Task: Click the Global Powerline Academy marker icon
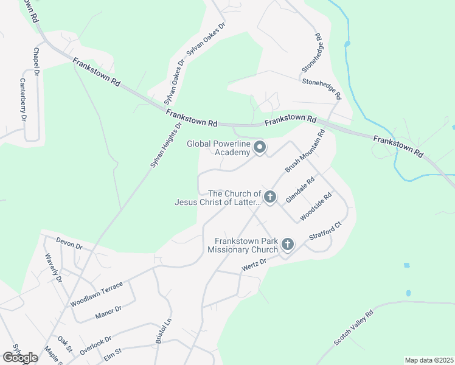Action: click(x=260, y=147)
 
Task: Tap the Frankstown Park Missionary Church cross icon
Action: click(x=287, y=245)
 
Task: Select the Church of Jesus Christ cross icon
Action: click(x=270, y=197)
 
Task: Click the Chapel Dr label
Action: click(x=36, y=61)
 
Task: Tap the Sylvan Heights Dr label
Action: click(x=166, y=145)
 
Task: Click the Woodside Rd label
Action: click(x=316, y=207)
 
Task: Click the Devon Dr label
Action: click(x=69, y=245)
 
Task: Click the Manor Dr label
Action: click(x=109, y=312)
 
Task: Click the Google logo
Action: click(x=20, y=358)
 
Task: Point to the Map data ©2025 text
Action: click(x=428, y=360)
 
